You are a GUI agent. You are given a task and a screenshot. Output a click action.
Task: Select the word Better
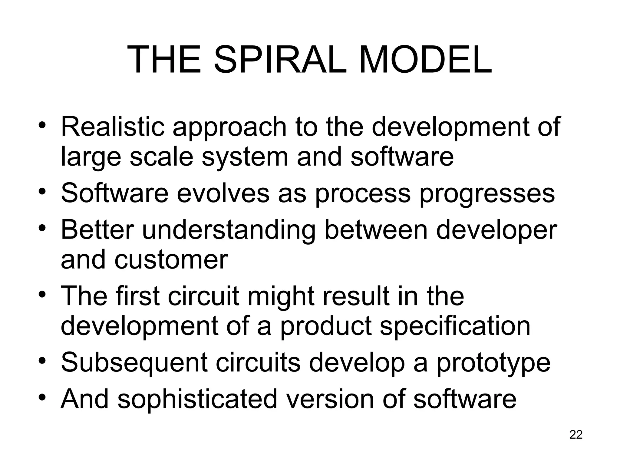click(x=97, y=230)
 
